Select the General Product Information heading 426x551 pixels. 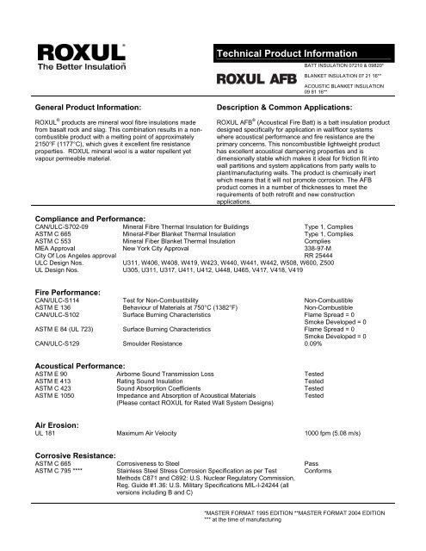coord(81,111)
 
